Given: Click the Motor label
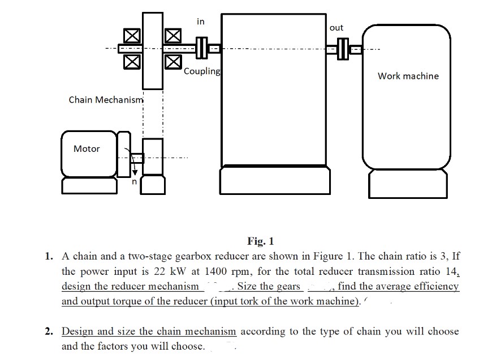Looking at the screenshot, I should pyautogui.click(x=87, y=148).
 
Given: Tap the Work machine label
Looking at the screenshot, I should pyautogui.click(x=408, y=76).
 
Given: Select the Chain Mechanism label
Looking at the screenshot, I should pyautogui.click(x=106, y=100).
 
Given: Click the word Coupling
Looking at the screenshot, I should pyautogui.click(x=202, y=71).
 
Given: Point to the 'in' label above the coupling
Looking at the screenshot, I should pyautogui.click(x=201, y=22).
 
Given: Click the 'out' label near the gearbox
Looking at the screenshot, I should pyautogui.click(x=336, y=27).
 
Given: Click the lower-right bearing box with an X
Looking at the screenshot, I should pyautogui.click(x=173, y=62).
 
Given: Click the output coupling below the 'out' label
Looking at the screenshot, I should pyautogui.click(x=343, y=49).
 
